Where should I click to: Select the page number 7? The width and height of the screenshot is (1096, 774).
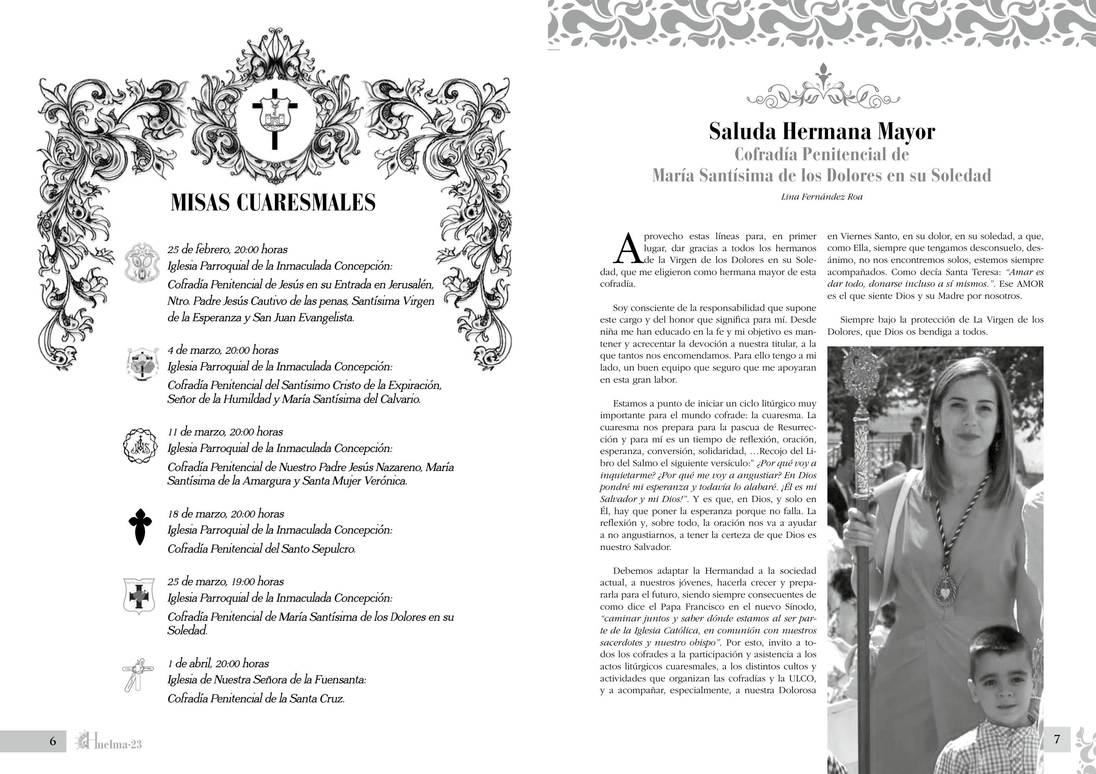(1057, 739)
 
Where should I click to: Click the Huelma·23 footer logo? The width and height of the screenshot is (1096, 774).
(109, 741)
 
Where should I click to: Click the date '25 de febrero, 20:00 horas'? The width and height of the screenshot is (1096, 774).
(227, 249)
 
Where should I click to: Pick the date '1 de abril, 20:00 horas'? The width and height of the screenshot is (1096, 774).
(218, 663)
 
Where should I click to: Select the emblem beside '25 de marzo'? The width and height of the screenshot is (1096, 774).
(139, 596)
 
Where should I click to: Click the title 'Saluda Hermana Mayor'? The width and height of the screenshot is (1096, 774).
(822, 131)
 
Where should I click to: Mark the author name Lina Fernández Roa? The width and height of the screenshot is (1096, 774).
(822, 197)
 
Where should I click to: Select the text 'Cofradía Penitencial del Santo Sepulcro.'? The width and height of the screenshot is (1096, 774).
(261, 549)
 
